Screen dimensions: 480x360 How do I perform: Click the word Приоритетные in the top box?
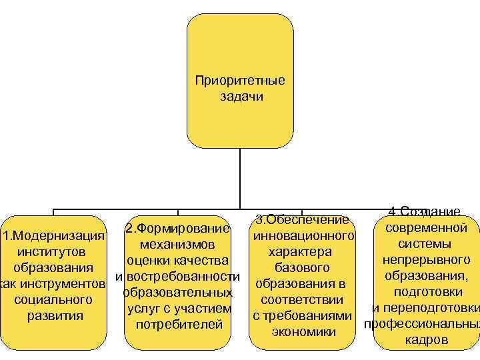(x=240, y=81)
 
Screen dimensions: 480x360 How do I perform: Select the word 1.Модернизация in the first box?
(x=53, y=237)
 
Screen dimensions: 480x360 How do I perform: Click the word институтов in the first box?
(x=52, y=253)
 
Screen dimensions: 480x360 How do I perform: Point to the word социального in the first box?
(x=52, y=300)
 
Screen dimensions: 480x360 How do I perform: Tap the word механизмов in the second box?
(x=178, y=245)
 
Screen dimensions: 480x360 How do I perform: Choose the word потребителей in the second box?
(x=178, y=325)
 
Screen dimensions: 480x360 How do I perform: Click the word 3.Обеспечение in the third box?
(x=303, y=220)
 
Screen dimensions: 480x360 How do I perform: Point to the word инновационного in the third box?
(x=303, y=236)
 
